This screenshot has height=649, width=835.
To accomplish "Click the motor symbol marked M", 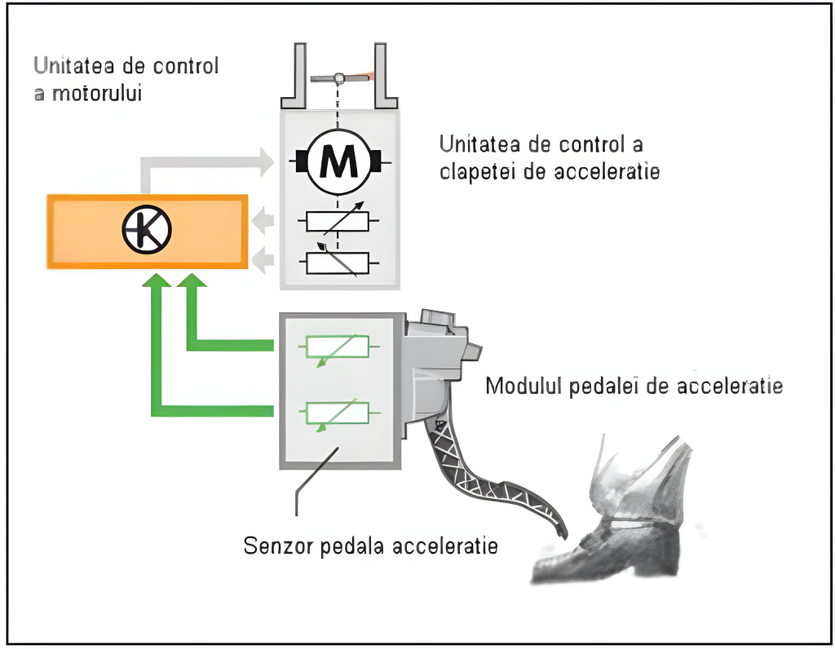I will point(337,163).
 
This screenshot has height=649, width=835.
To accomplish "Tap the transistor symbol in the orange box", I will point(147,230).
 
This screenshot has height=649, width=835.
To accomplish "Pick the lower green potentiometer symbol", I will point(337,413).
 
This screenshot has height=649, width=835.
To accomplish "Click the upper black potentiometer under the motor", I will point(337,222).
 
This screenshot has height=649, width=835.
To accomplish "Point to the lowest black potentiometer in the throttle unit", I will point(337,262).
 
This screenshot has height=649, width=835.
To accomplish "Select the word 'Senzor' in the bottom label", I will point(276,545).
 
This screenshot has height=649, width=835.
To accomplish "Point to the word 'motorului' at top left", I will point(98,92).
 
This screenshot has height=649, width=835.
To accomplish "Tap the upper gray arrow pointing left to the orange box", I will point(263,220).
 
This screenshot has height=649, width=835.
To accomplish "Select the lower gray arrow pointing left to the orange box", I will point(263,261).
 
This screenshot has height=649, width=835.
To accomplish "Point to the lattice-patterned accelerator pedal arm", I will point(489,481).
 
